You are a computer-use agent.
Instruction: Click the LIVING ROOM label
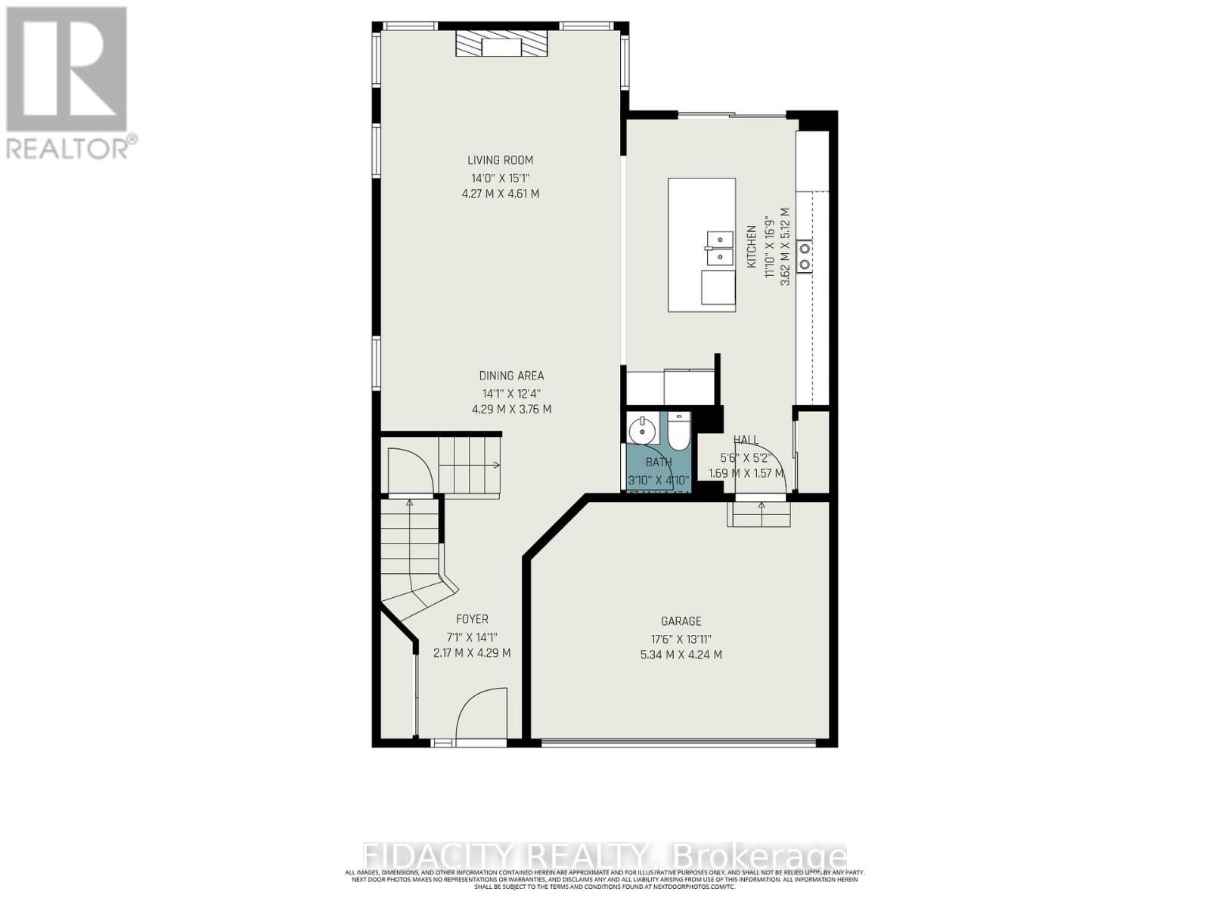pyautogui.click(x=500, y=160)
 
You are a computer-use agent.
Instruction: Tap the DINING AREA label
pyautogui.click(x=511, y=376)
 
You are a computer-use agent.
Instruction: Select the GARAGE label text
pyautogui.click(x=681, y=621)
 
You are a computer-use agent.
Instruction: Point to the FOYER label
pyautogui.click(x=472, y=619)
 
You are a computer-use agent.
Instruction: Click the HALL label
pyautogui.click(x=746, y=440)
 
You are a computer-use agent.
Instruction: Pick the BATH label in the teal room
pyautogui.click(x=658, y=463)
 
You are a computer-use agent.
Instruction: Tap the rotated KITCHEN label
pyautogui.click(x=752, y=246)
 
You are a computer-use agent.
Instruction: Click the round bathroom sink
pyautogui.click(x=641, y=431)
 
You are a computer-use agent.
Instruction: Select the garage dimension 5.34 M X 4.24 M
pyautogui.click(x=681, y=655)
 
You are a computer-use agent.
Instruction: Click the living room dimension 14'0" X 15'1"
pyautogui.click(x=500, y=178)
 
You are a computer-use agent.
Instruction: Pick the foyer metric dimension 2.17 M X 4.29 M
pyautogui.click(x=472, y=653)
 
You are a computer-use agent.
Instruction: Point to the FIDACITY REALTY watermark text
pyautogui.click(x=605, y=857)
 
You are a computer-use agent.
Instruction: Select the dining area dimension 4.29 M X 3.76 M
pyautogui.click(x=511, y=410)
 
